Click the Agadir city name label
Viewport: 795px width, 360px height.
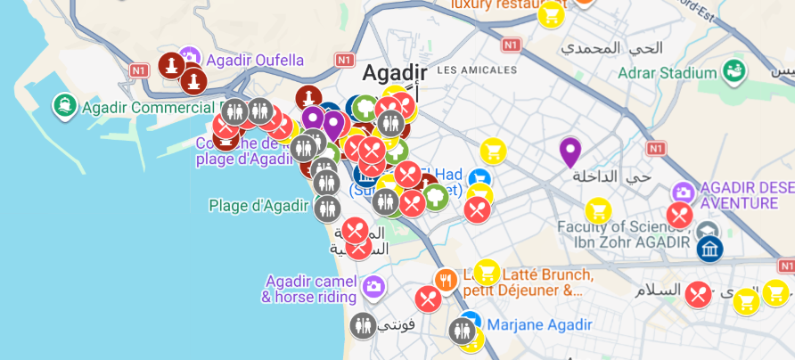(x=394, y=73)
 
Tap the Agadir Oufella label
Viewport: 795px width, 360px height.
(x=255, y=61)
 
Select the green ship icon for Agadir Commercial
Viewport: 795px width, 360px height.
(x=64, y=107)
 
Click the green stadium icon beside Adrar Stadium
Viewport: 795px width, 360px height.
(x=735, y=70)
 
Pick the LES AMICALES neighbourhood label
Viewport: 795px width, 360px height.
(x=478, y=70)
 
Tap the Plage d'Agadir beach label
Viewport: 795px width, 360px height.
(x=259, y=206)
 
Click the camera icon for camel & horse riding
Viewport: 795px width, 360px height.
(x=373, y=286)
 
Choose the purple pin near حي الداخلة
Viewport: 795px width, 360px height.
(x=570, y=152)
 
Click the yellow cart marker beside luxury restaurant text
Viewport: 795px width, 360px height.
(x=551, y=13)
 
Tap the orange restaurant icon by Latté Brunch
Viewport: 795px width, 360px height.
(x=446, y=281)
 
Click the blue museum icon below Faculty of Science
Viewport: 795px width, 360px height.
(x=709, y=250)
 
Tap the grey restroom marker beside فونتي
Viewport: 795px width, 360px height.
(x=363, y=325)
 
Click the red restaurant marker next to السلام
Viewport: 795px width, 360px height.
(x=698, y=293)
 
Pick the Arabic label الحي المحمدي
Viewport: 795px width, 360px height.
(x=627, y=48)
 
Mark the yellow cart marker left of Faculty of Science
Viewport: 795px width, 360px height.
(x=598, y=211)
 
